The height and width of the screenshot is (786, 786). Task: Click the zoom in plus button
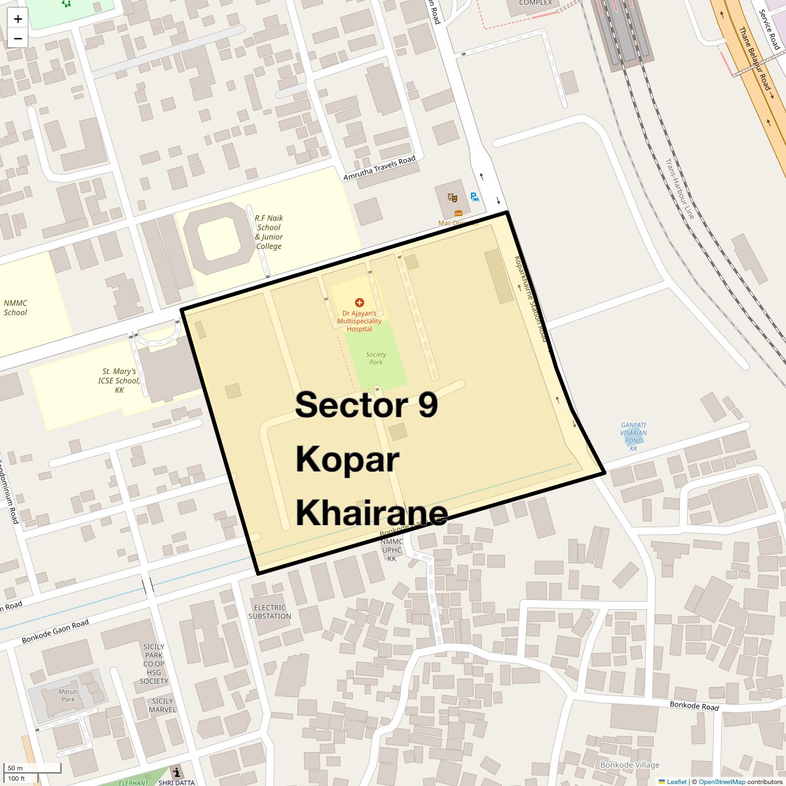point(18,19)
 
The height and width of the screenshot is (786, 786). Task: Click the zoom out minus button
point(18,39)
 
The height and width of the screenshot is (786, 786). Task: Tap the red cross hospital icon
point(359,303)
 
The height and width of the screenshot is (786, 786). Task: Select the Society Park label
point(376,358)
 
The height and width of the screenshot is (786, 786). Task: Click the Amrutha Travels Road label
point(380,169)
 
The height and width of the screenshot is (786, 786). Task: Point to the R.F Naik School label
point(269,232)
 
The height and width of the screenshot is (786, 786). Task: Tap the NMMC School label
point(16,308)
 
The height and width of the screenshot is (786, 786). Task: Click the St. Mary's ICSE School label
point(119,381)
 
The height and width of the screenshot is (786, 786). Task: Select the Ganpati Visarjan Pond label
point(633,437)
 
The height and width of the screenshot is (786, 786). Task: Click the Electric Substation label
point(270,612)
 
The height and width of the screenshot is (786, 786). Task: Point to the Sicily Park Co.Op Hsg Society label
point(154,664)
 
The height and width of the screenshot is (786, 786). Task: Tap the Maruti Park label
point(68,695)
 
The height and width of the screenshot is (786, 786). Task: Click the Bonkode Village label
point(629,764)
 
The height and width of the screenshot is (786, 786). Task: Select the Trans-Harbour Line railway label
point(679,188)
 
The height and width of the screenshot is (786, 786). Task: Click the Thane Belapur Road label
point(755,58)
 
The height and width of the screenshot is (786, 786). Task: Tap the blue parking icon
point(474,196)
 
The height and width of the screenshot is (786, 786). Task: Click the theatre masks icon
point(452,196)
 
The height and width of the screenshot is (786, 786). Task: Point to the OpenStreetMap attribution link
point(721,781)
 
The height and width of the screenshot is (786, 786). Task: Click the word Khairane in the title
point(371,512)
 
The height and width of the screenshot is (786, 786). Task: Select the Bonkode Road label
point(694,706)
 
